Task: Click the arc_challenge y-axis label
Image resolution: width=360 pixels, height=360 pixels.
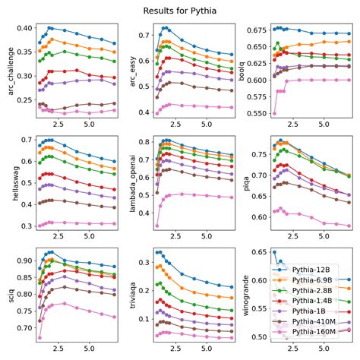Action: (8, 70)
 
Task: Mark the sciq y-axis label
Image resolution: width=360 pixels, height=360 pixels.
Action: (8, 293)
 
